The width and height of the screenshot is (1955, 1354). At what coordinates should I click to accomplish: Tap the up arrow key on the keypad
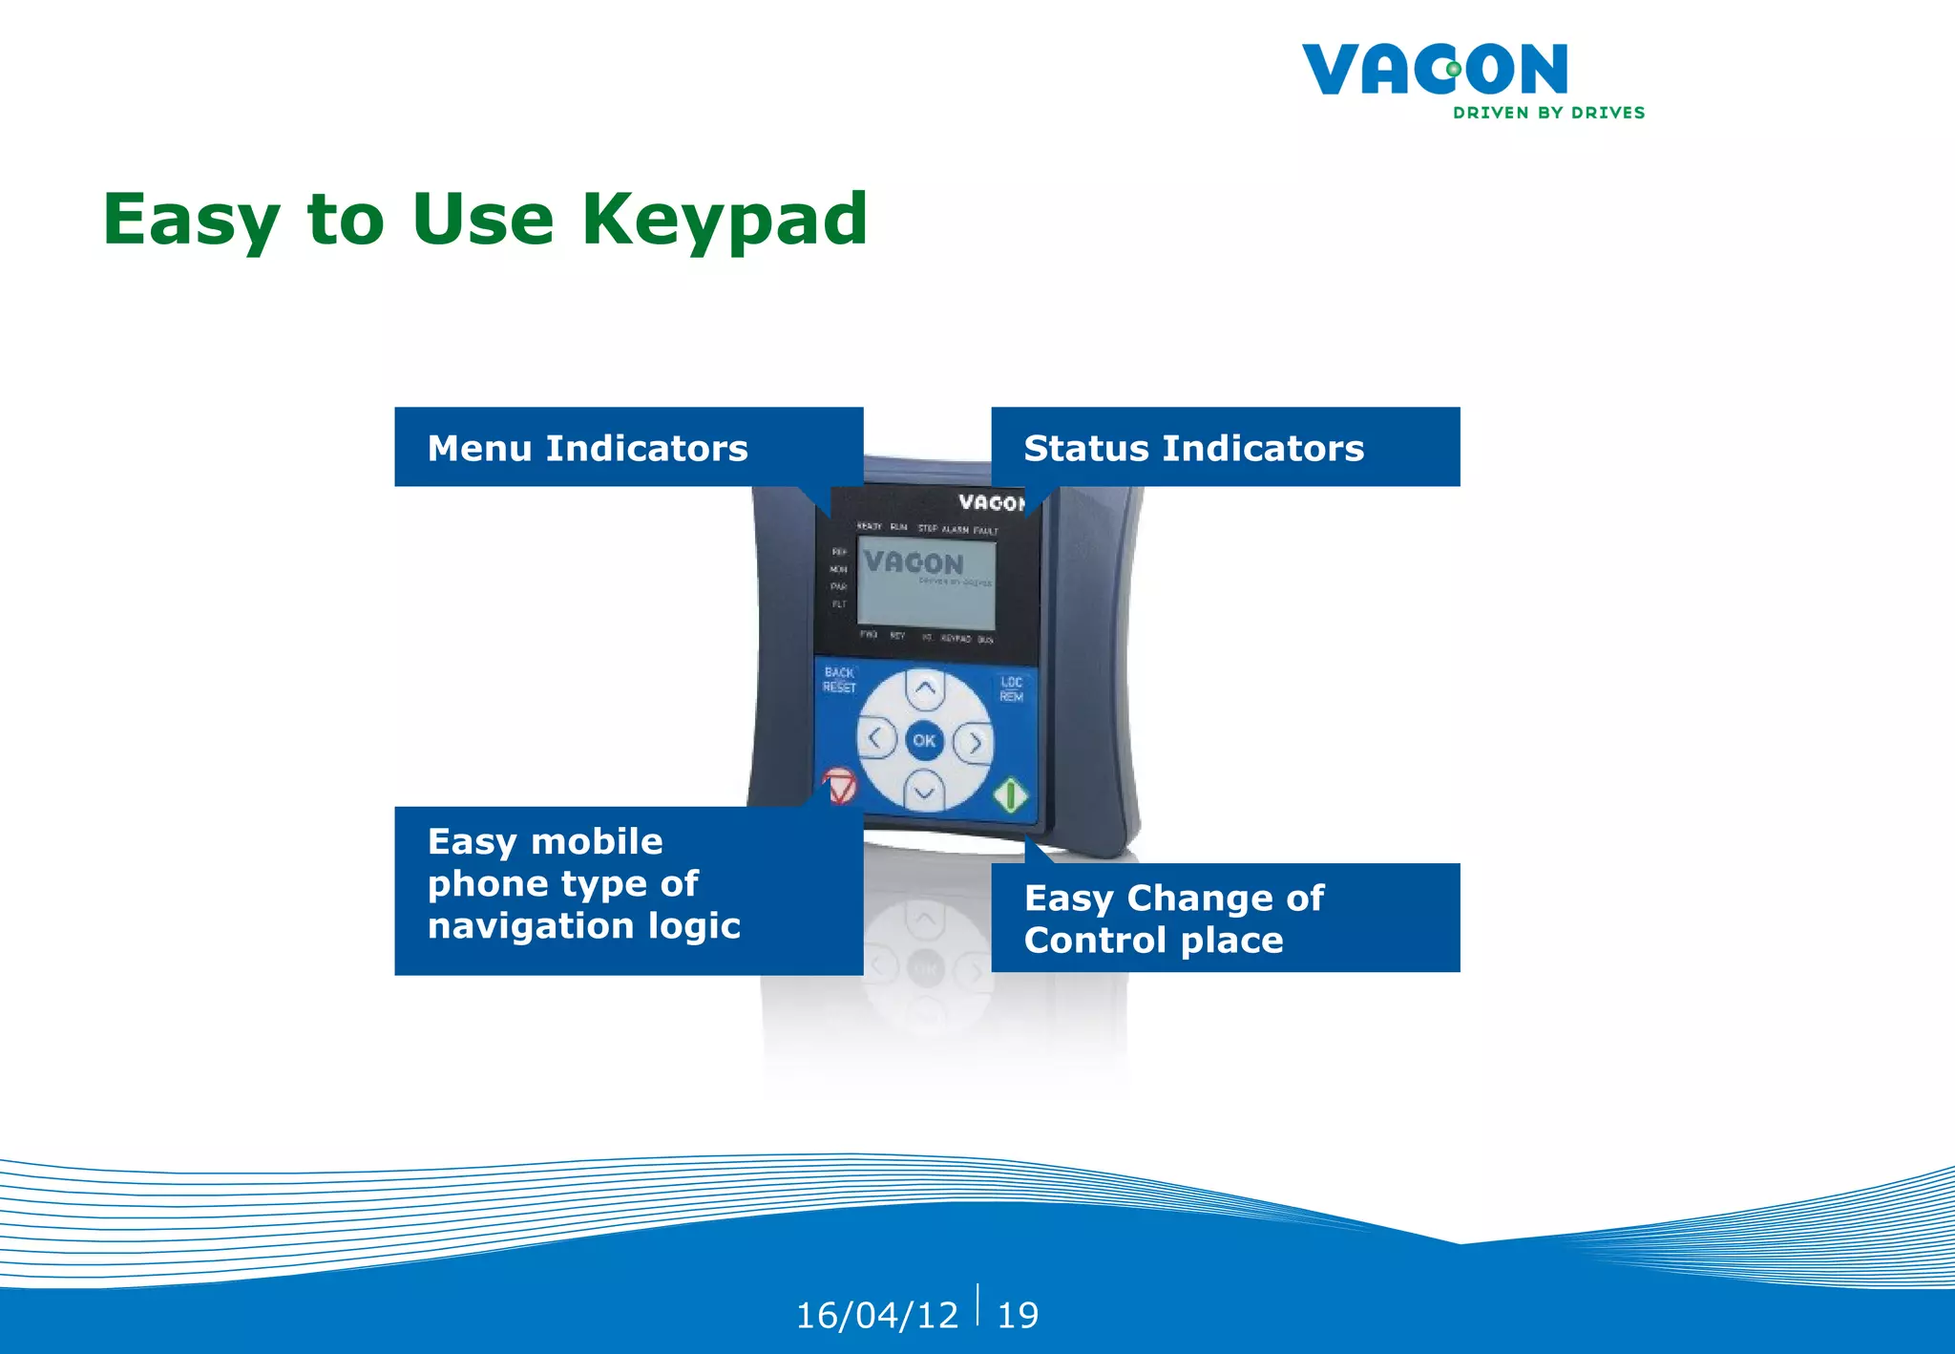[925, 688]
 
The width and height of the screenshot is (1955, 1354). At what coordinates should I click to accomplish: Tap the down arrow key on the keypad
[924, 791]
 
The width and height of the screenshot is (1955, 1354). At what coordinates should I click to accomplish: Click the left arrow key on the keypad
[875, 738]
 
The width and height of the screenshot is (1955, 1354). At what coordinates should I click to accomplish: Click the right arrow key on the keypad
[975, 742]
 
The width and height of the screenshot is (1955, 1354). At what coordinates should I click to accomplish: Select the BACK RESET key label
[839, 680]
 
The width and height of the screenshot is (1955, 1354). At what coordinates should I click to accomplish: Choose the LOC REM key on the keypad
[1011, 689]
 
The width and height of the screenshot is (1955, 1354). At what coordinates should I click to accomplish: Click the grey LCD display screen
[926, 582]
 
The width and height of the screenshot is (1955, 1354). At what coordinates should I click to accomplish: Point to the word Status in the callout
[1085, 448]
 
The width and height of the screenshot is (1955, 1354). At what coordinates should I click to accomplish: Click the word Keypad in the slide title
[725, 221]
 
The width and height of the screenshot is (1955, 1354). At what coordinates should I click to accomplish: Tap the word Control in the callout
[1095, 941]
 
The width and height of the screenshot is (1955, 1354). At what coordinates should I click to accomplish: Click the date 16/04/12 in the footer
[876, 1315]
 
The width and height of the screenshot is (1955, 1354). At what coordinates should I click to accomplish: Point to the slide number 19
[1018, 1315]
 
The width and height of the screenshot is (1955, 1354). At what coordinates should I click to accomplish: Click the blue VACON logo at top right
[1435, 69]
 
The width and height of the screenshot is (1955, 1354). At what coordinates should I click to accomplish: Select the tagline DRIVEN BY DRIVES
[1548, 113]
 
